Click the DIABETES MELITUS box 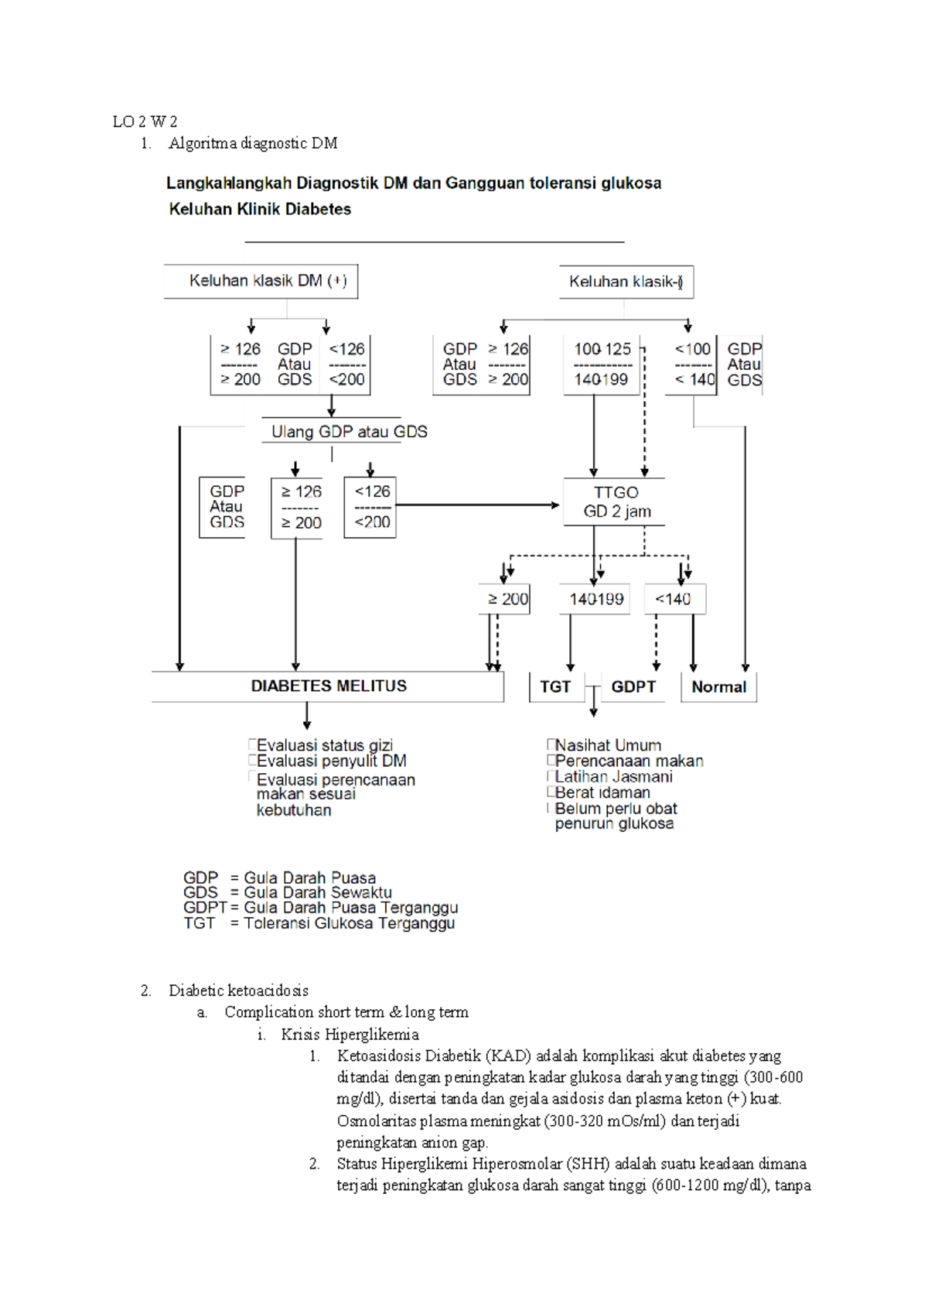click(x=328, y=686)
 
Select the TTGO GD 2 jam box click(x=616, y=502)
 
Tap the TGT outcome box click(x=555, y=687)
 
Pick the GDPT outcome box click(x=633, y=687)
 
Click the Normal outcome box click(x=718, y=687)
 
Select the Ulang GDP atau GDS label click(x=349, y=432)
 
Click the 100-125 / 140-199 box click(x=602, y=364)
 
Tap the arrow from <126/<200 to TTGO click(x=476, y=505)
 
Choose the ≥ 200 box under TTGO click(x=507, y=599)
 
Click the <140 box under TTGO click(x=674, y=599)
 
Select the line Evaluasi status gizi click(x=324, y=745)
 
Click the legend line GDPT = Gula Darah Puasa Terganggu click(x=320, y=908)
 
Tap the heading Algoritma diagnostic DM click(x=253, y=143)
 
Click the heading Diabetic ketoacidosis click(x=238, y=991)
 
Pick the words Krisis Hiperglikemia click(x=350, y=1035)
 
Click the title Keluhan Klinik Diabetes click(x=260, y=209)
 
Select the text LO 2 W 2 click(x=145, y=121)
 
